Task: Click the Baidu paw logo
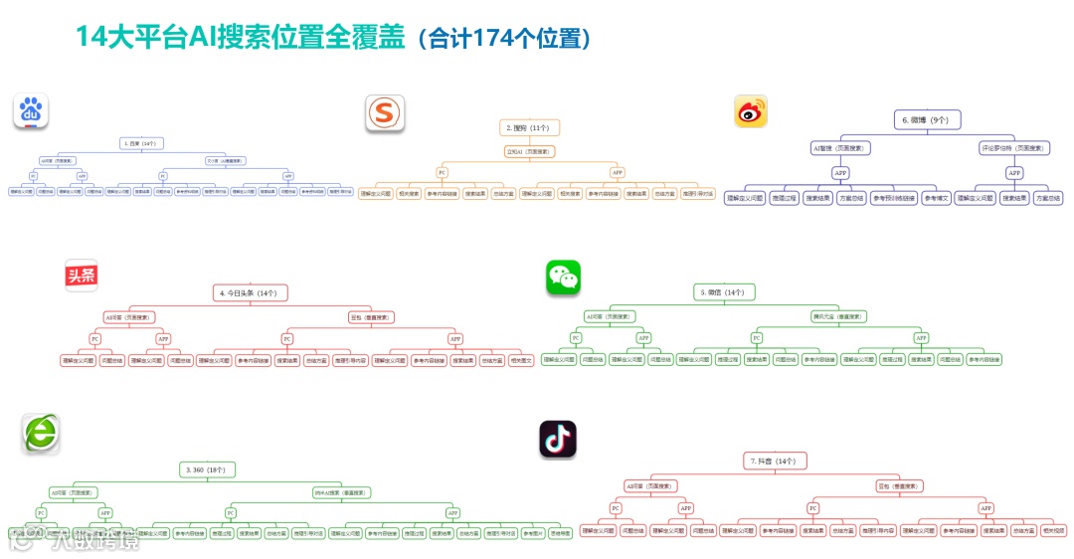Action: pos(31,111)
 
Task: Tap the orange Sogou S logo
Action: pos(383,112)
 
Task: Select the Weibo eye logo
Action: pos(751,111)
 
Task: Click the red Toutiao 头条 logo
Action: pos(81,276)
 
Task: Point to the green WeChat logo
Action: pos(563,278)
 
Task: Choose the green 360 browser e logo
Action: pos(41,434)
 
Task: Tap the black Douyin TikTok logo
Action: pos(557,439)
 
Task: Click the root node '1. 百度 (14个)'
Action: pos(138,143)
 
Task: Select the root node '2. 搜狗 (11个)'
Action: pos(530,127)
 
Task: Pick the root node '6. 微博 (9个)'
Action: pos(925,119)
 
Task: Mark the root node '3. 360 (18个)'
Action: pos(205,468)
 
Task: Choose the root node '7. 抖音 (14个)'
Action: pos(772,461)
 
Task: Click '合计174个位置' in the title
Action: pos(505,39)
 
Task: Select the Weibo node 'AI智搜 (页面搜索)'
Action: pos(840,148)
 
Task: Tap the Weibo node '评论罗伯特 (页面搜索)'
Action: pos(1014,148)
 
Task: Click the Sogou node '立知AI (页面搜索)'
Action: pos(529,152)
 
